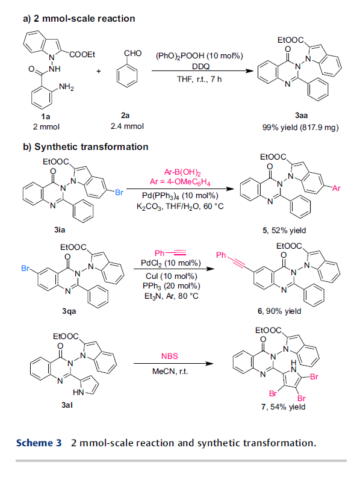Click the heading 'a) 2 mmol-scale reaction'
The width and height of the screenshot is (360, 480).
79,19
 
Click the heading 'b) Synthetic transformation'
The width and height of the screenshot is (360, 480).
85,147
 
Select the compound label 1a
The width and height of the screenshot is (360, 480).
46,117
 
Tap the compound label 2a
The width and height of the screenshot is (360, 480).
125,116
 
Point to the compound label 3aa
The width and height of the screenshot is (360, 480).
301,116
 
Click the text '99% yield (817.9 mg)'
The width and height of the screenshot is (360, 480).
300,127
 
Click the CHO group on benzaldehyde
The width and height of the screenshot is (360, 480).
133,53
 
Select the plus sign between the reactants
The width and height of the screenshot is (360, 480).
99,71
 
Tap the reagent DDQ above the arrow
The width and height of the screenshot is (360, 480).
201,66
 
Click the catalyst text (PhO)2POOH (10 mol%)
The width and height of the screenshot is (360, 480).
199,56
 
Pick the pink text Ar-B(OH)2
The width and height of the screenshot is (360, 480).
182,173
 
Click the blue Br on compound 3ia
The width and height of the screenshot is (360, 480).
119,192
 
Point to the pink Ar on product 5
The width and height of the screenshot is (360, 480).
336,189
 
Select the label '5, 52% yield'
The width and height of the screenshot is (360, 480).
284,230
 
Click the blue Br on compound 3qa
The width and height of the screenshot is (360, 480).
25,269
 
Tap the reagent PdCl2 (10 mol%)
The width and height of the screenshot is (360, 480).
171,263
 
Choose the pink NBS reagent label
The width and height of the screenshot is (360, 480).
170,356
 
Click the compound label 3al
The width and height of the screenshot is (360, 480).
67,405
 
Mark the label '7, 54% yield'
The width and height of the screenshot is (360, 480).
283,407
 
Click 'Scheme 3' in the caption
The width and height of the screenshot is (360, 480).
39,443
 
